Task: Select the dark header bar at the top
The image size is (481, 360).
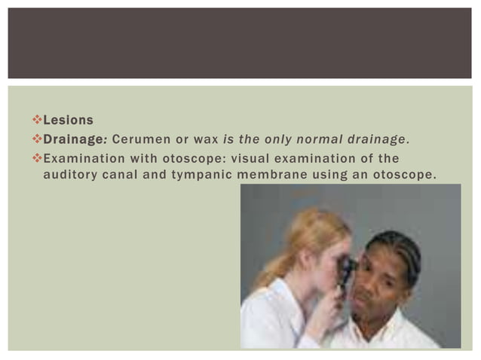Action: pos(240,43)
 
